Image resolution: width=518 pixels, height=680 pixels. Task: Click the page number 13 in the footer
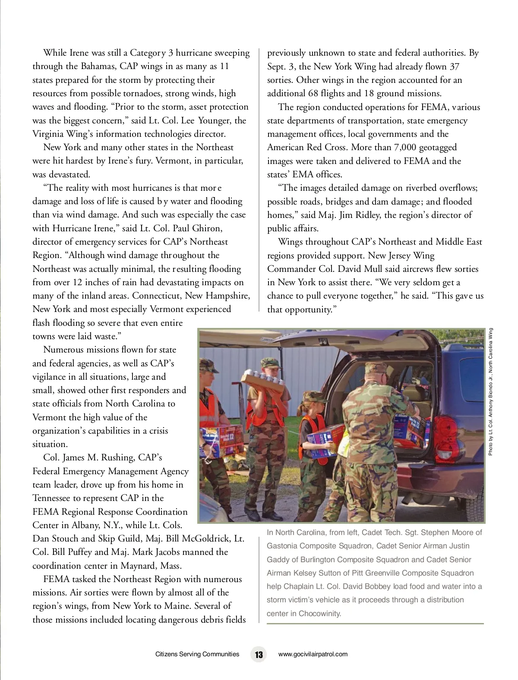[x=259, y=654]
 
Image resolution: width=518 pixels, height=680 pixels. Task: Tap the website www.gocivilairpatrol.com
[x=313, y=654]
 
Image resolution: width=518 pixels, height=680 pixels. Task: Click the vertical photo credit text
[x=490, y=392]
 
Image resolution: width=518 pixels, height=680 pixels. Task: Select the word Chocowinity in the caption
[x=320, y=614]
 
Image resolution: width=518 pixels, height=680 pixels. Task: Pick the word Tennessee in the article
[x=51, y=498]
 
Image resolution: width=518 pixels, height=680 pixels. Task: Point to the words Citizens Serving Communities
[x=197, y=654]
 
